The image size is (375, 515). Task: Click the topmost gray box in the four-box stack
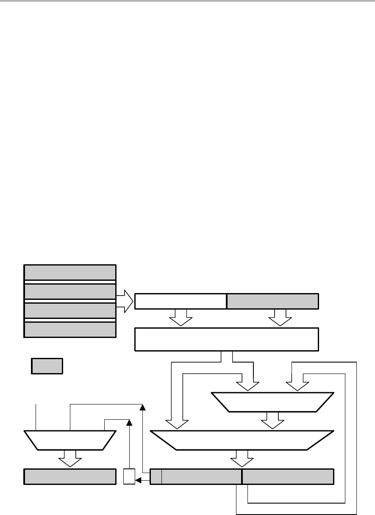pyautogui.click(x=70, y=272)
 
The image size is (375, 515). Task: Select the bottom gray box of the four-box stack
pyautogui.click(x=70, y=330)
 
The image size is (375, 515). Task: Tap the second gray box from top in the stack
pyautogui.click(x=70, y=291)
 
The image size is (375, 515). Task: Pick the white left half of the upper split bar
pyautogui.click(x=180, y=301)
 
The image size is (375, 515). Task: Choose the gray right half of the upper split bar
pyautogui.click(x=272, y=301)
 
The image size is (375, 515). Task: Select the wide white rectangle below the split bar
pyautogui.click(x=226, y=339)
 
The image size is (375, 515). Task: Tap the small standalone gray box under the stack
pyautogui.click(x=47, y=366)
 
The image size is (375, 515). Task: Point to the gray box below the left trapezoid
pyautogui.click(x=70, y=476)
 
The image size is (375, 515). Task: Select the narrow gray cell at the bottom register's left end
pyautogui.click(x=156, y=476)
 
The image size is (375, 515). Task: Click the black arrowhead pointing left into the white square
pyautogui.click(x=138, y=480)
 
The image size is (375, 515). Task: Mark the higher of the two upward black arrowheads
pyautogui.click(x=143, y=407)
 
